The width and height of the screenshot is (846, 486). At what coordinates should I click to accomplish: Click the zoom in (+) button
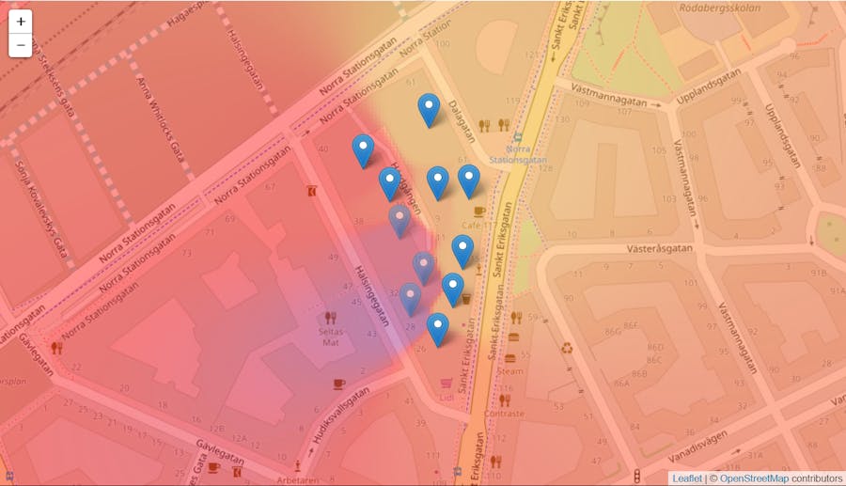click(x=21, y=22)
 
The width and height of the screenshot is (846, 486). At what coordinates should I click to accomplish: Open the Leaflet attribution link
click(x=686, y=478)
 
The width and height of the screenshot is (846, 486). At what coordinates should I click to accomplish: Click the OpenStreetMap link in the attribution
click(x=754, y=478)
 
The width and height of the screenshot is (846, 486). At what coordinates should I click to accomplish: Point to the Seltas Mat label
click(x=331, y=337)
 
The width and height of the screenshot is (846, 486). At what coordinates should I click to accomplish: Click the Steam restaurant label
click(x=510, y=370)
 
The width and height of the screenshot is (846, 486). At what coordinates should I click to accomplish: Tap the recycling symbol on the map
click(x=567, y=348)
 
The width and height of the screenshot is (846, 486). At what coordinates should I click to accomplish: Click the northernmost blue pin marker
click(x=429, y=111)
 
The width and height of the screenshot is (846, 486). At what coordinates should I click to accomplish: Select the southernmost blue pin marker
click(x=438, y=330)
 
